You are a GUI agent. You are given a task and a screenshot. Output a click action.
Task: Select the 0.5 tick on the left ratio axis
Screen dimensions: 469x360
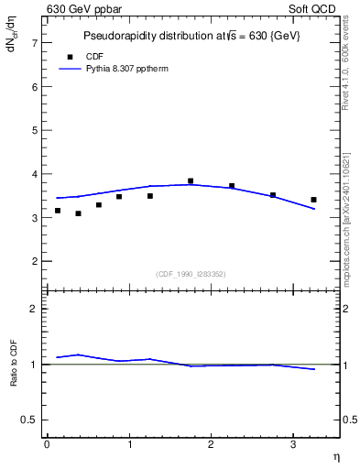30,420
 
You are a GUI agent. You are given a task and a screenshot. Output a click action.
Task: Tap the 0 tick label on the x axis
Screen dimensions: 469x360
47,444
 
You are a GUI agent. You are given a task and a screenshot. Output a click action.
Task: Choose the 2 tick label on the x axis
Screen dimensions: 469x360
211,444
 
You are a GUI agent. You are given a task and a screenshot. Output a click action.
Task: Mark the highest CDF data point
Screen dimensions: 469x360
191,181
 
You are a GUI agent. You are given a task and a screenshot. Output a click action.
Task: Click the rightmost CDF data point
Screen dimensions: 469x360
313,200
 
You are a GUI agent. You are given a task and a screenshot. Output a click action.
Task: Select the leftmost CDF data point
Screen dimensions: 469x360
58,211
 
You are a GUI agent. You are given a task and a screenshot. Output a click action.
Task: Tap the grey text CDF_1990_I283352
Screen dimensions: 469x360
191,274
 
